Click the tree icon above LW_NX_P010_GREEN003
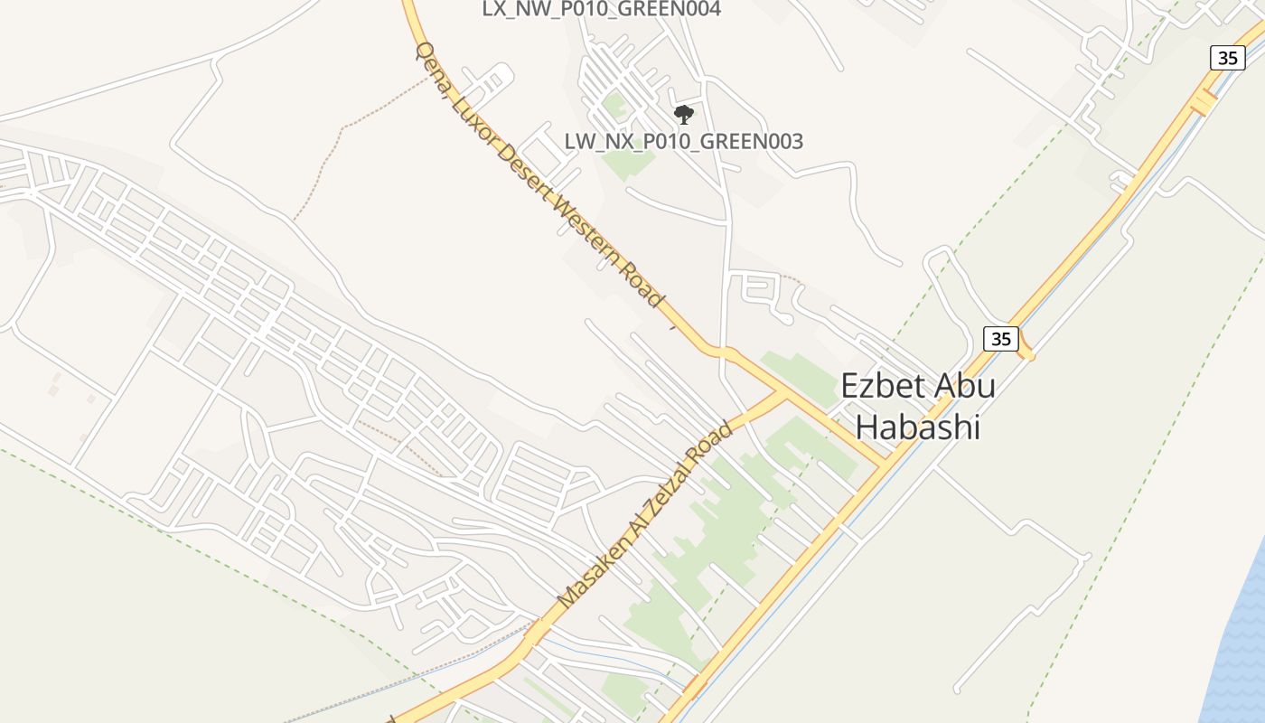click(x=684, y=115)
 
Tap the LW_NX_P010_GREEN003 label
click(x=684, y=142)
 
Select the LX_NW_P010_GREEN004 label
click(x=601, y=10)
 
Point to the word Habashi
click(x=918, y=427)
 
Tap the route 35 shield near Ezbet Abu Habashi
click(x=1001, y=339)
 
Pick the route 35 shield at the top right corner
click(x=1227, y=58)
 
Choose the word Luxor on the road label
click(x=469, y=110)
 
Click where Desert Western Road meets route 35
click(x=884, y=465)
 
